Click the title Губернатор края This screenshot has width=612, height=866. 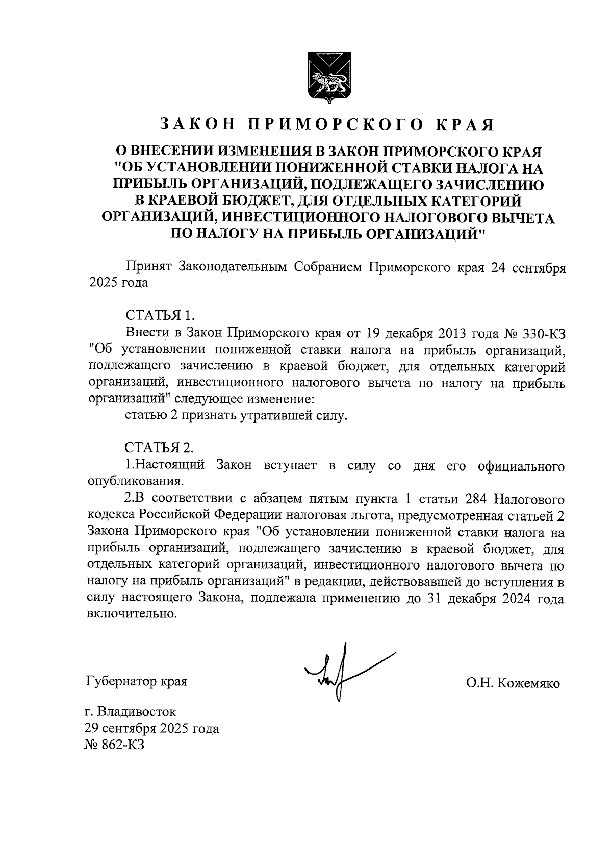tap(137, 682)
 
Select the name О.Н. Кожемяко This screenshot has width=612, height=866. tap(513, 683)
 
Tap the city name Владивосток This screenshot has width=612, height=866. tap(138, 711)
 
